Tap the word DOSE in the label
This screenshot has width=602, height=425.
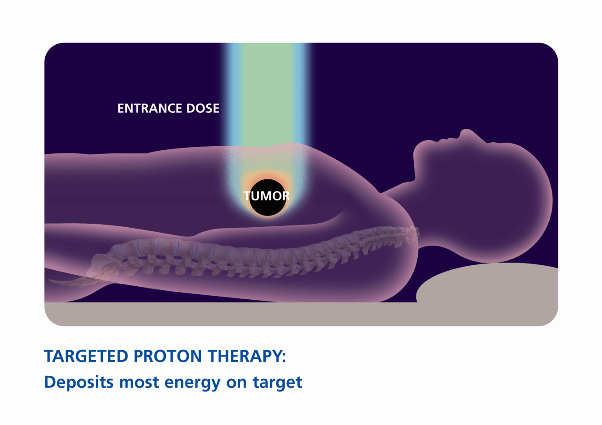click(203, 108)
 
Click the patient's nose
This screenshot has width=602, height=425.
click(466, 133)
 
